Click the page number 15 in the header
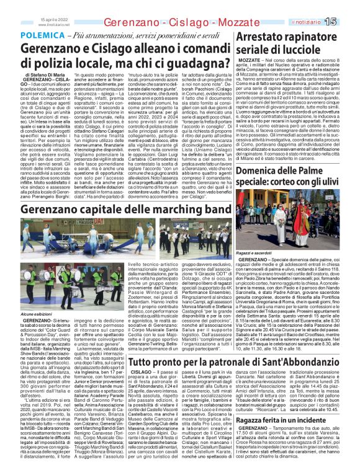pos(348,22)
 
